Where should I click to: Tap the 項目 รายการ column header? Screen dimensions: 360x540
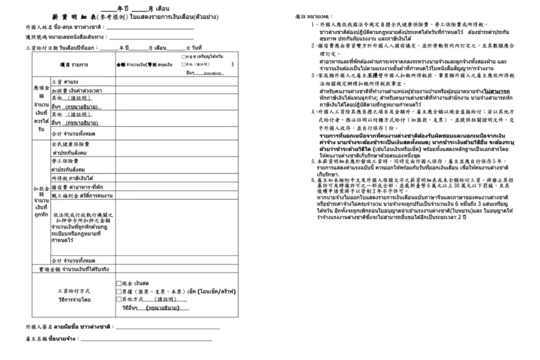click(74, 65)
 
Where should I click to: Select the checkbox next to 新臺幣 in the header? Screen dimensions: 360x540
click(182, 56)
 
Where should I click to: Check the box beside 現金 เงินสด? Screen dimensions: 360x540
click(119, 283)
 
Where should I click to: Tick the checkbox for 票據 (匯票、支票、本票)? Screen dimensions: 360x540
click(119, 291)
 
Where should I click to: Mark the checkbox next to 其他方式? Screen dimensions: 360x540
click(119, 299)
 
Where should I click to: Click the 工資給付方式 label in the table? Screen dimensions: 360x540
click(74, 290)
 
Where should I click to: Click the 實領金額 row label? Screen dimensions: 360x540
click(74, 269)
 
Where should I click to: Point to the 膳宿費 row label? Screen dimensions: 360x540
click(77, 187)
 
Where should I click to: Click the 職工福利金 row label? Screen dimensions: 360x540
click(82, 196)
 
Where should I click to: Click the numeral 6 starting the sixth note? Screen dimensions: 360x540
click(313, 180)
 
